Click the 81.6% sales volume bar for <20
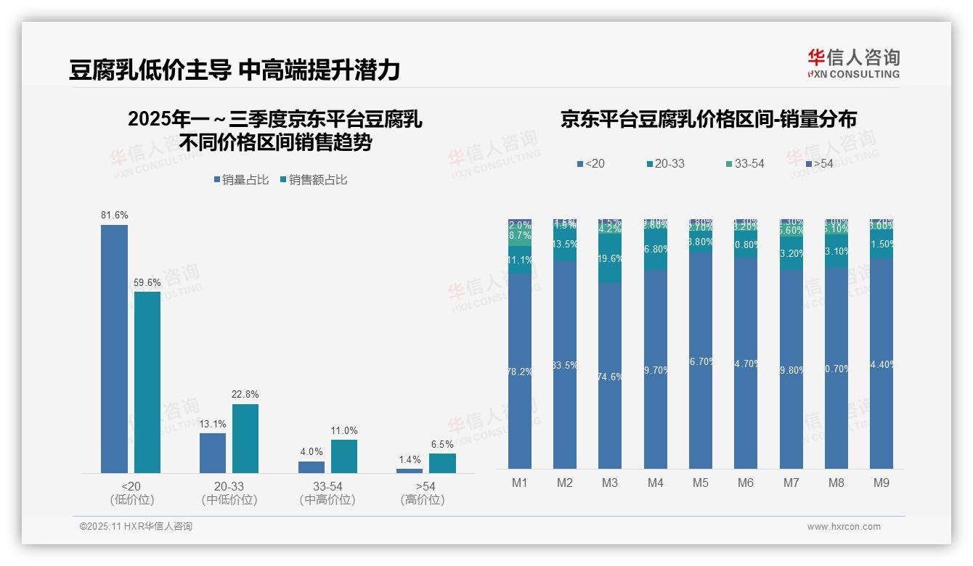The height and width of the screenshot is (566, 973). [114, 348]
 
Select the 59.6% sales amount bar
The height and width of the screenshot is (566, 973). [147, 382]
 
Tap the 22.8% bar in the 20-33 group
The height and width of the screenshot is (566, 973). [245, 438]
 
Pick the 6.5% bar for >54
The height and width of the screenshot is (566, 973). [442, 463]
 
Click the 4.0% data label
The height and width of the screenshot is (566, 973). [311, 451]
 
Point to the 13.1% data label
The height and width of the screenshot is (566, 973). [213, 424]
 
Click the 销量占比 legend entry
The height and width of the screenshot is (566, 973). [241, 179]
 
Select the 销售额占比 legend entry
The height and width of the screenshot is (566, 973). [313, 179]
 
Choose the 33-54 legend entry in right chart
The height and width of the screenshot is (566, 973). [744, 163]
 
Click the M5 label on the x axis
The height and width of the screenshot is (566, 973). [700, 483]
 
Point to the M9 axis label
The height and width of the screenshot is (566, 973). [881, 483]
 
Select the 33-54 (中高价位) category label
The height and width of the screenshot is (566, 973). [327, 493]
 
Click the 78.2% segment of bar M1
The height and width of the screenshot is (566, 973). [520, 371]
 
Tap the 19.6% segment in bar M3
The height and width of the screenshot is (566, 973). [610, 258]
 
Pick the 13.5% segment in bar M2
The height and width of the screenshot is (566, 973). [565, 245]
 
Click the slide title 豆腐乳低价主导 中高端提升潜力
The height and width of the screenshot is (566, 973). [235, 70]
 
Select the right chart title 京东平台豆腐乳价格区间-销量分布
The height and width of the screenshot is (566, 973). [708, 119]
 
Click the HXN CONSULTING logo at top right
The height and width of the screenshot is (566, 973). [853, 63]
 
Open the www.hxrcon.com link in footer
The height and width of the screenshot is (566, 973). [843, 527]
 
